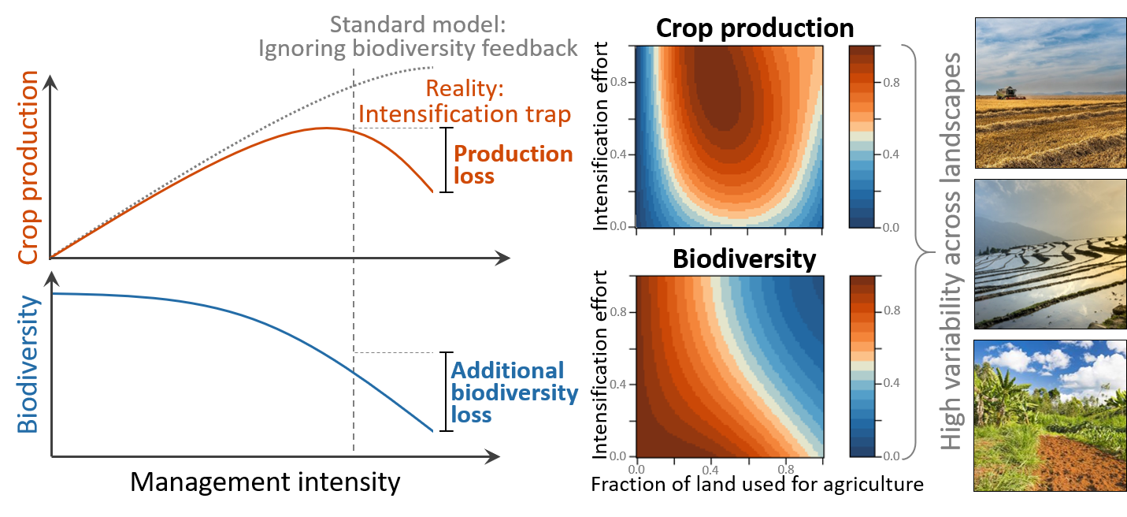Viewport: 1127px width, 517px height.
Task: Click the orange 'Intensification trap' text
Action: tap(465, 113)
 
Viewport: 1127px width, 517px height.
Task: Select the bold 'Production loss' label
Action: tap(512, 164)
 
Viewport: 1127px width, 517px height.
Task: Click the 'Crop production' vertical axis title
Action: tap(28, 167)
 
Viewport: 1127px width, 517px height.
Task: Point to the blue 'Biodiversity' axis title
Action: tap(28, 364)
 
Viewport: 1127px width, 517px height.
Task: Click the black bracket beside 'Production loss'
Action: tap(446, 160)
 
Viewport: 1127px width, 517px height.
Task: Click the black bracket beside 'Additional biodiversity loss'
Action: tap(446, 391)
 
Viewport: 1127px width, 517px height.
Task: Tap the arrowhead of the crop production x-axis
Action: tap(503, 258)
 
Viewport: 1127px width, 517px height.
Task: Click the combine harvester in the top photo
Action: tap(1006, 93)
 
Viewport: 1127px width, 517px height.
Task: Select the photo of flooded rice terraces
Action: tap(1051, 253)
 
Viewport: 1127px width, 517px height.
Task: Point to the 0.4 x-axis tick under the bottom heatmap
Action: tap(711, 469)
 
